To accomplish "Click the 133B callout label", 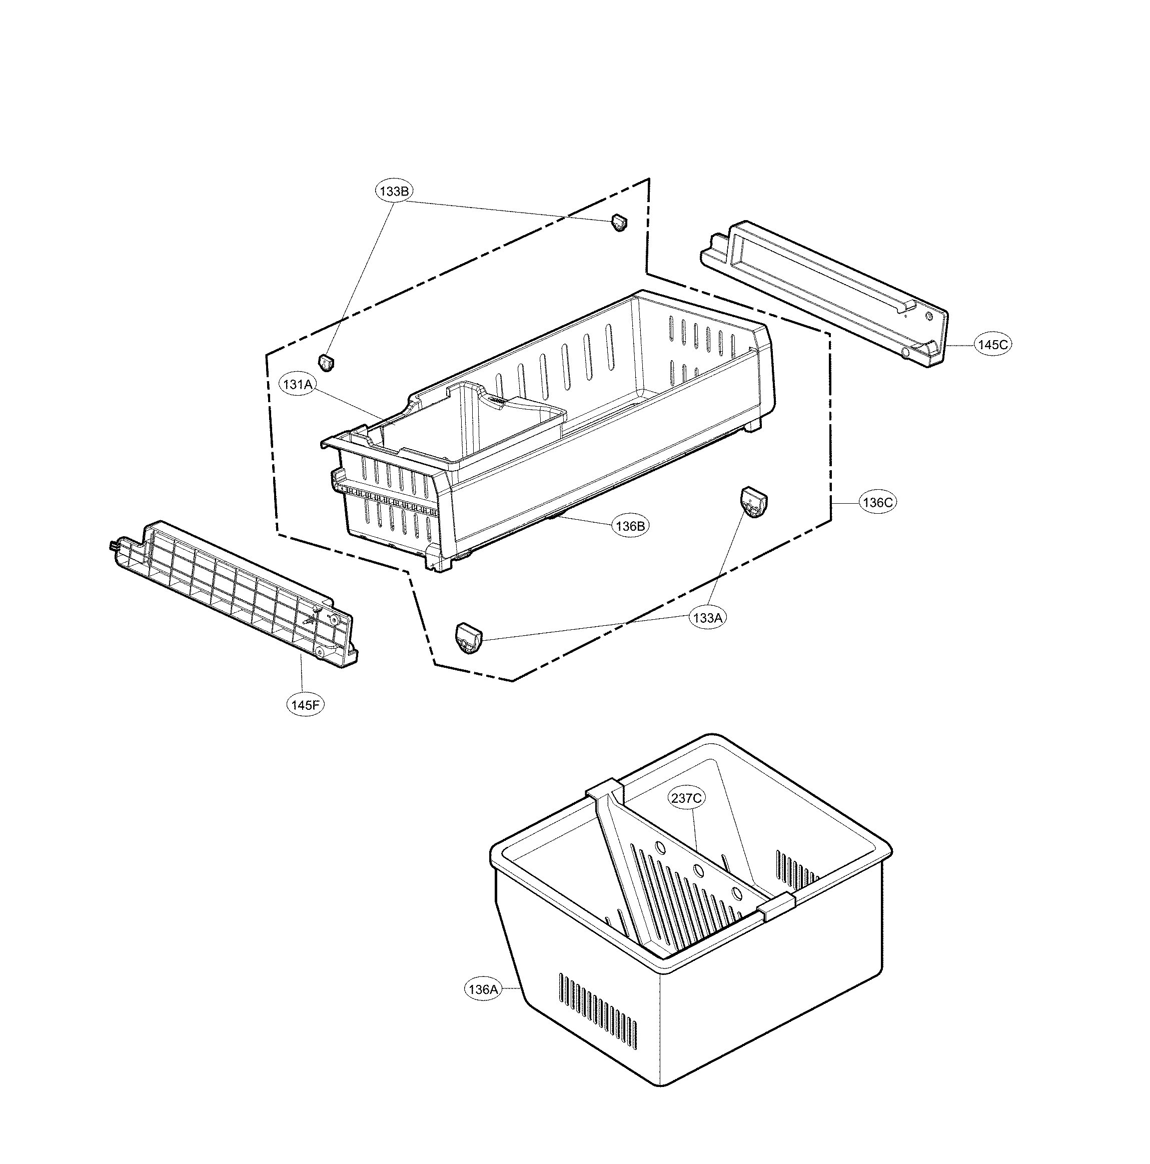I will (395, 192).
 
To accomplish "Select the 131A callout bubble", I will (298, 384).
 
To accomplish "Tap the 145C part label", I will (992, 345).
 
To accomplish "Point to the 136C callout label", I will (877, 502).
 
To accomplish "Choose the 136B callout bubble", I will (630, 526).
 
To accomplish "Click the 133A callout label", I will (707, 618).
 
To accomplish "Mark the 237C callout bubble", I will (686, 798).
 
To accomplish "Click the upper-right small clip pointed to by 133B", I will (619, 222).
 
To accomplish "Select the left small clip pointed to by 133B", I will (326, 363).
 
